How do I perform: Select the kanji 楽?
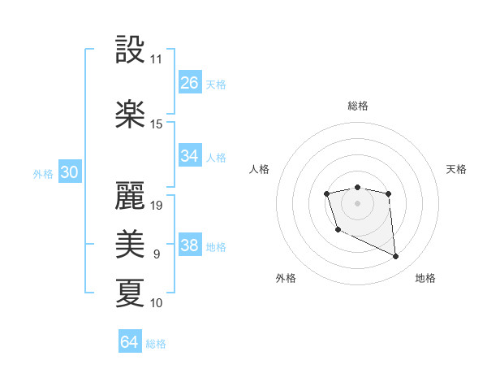pyautogui.click(x=130, y=115)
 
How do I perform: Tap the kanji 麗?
pyautogui.click(x=130, y=194)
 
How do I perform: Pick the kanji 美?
pyautogui.click(x=130, y=243)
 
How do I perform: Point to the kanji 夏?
pyautogui.click(x=130, y=292)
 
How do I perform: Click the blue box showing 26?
pyautogui.click(x=190, y=83)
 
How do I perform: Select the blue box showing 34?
pyautogui.click(x=190, y=156)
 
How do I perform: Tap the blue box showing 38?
pyautogui.click(x=190, y=245)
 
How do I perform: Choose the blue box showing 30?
pyautogui.click(x=69, y=172)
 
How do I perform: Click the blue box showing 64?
pyautogui.click(x=130, y=342)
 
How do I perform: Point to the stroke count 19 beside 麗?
pyautogui.click(x=157, y=205)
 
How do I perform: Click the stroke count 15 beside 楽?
pyautogui.click(x=157, y=124)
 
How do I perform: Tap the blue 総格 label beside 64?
pyautogui.click(x=156, y=344)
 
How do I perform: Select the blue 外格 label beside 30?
pyautogui.click(x=43, y=173)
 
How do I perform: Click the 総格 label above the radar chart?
pyautogui.click(x=358, y=106)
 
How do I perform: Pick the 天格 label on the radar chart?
pyautogui.click(x=457, y=169)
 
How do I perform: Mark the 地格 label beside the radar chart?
pyautogui.click(x=425, y=278)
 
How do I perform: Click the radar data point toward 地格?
pyautogui.click(x=396, y=257)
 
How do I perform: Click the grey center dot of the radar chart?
pyautogui.click(x=358, y=202)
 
